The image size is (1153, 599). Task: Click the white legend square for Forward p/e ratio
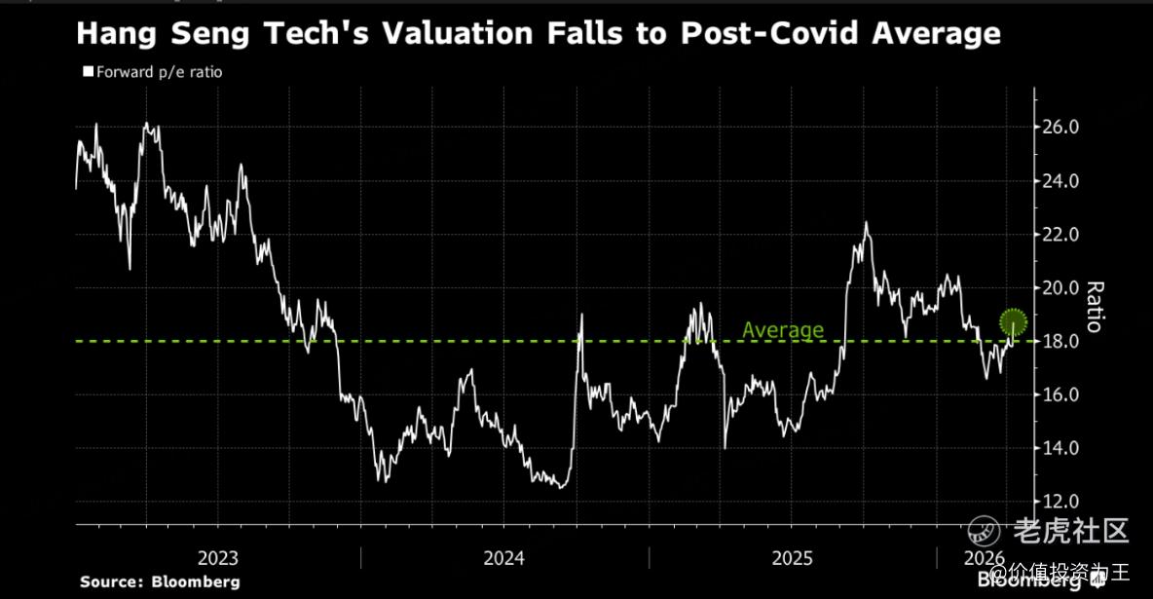88,71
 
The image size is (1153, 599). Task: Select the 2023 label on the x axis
218,558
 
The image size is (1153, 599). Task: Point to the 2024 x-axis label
504,558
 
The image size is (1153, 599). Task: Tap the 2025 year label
792,558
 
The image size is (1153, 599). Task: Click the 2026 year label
984,558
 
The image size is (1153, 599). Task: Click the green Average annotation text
782,330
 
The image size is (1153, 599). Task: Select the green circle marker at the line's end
1014,320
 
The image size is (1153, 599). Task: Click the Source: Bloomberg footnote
160,581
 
